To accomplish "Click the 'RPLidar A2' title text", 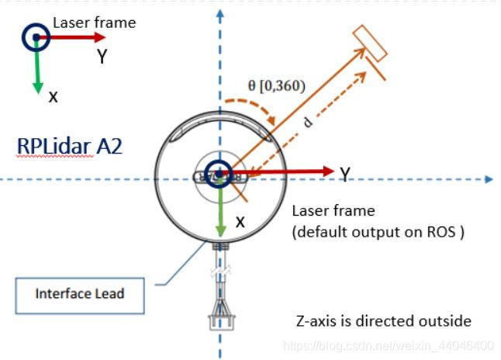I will click(69, 146).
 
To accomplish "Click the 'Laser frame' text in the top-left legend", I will click(94, 22).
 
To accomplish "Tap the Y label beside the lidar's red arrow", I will click(344, 175).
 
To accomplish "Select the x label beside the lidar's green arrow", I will click(240, 222).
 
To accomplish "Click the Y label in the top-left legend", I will click(102, 56).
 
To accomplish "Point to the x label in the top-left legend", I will click(53, 96).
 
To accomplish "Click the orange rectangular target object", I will click(370, 43).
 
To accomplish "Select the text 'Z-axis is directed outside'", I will click(384, 320).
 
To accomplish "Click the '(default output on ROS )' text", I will click(377, 232).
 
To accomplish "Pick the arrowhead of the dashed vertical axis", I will click(221, 12).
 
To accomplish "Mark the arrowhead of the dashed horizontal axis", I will click(488, 179).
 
